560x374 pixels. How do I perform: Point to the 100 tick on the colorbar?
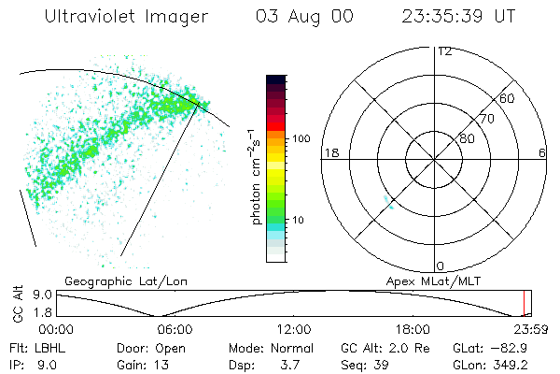(x=301, y=138)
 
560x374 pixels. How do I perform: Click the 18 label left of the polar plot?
(x=329, y=152)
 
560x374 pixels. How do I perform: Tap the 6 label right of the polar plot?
(x=542, y=152)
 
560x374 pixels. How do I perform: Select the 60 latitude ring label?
(x=508, y=98)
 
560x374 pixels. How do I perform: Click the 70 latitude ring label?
(x=487, y=119)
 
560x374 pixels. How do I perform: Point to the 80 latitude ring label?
(x=467, y=139)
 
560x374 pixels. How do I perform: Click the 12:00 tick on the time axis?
(x=295, y=328)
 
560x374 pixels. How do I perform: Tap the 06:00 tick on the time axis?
(x=175, y=328)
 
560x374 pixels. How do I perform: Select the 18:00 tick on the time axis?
(x=413, y=328)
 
